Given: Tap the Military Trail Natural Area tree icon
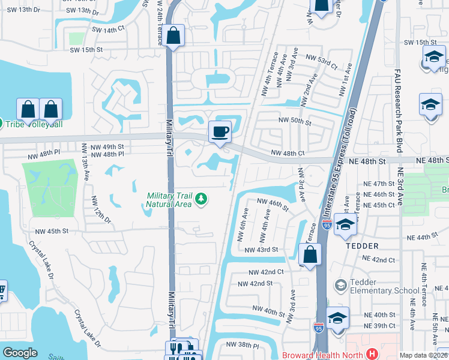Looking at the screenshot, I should click(x=202, y=198).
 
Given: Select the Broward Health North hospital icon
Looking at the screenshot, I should click(x=372, y=355).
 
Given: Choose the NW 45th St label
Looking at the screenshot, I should click(x=52, y=231).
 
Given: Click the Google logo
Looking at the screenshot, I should click(x=20, y=353).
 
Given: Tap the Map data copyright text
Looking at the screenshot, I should click(x=423, y=355).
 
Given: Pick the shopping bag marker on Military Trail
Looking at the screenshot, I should click(x=174, y=35).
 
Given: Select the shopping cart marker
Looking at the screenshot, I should click(x=2, y=290).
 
